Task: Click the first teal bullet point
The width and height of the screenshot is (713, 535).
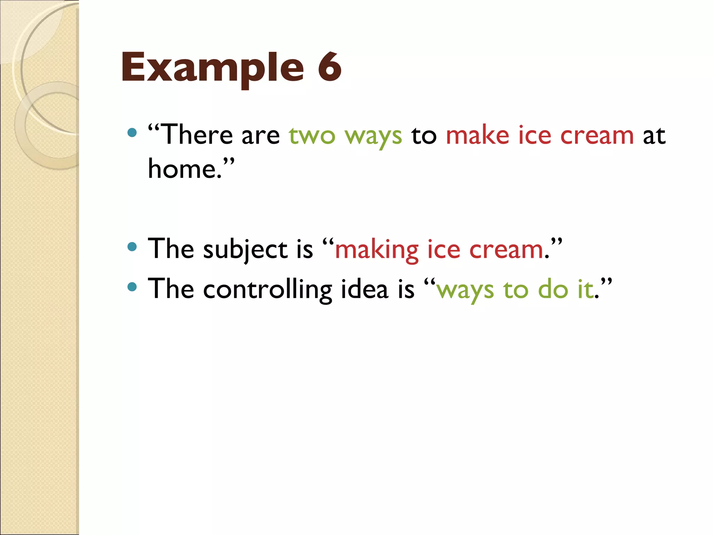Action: click(x=132, y=132)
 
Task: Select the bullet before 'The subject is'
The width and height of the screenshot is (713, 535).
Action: click(x=132, y=247)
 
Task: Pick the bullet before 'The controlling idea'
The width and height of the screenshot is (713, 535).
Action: click(x=132, y=287)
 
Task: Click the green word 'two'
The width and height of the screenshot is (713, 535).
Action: click(x=312, y=136)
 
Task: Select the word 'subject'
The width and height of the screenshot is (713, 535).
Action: click(x=245, y=250)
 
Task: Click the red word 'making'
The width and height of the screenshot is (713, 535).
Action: click(x=376, y=250)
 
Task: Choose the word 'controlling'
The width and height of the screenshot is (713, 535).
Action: click(x=267, y=290)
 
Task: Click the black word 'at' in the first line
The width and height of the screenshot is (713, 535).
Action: click(x=654, y=136)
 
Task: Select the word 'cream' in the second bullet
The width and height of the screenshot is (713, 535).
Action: click(x=506, y=250)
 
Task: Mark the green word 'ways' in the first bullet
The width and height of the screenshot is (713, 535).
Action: click(x=373, y=137)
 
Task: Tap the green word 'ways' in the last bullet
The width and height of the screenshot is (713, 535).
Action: click(x=465, y=291)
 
